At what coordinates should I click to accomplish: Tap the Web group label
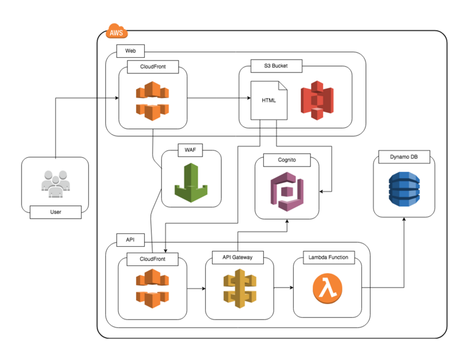click(131, 51)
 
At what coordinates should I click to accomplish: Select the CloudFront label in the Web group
click(153, 67)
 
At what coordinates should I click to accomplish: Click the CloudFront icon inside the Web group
click(152, 101)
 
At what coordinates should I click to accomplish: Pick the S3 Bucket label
click(276, 66)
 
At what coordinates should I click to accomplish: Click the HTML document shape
click(269, 100)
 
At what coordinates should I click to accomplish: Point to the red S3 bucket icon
click(317, 100)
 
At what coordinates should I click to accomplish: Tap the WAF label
click(190, 150)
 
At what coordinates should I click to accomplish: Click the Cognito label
click(287, 160)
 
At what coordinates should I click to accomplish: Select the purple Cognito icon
click(287, 191)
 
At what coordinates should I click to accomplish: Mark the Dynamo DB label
click(404, 157)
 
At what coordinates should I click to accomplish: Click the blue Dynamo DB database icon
click(404, 189)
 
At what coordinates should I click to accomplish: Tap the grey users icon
click(55, 184)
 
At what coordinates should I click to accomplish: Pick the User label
click(56, 212)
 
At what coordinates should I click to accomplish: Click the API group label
click(130, 240)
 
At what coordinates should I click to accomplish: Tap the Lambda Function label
click(328, 257)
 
